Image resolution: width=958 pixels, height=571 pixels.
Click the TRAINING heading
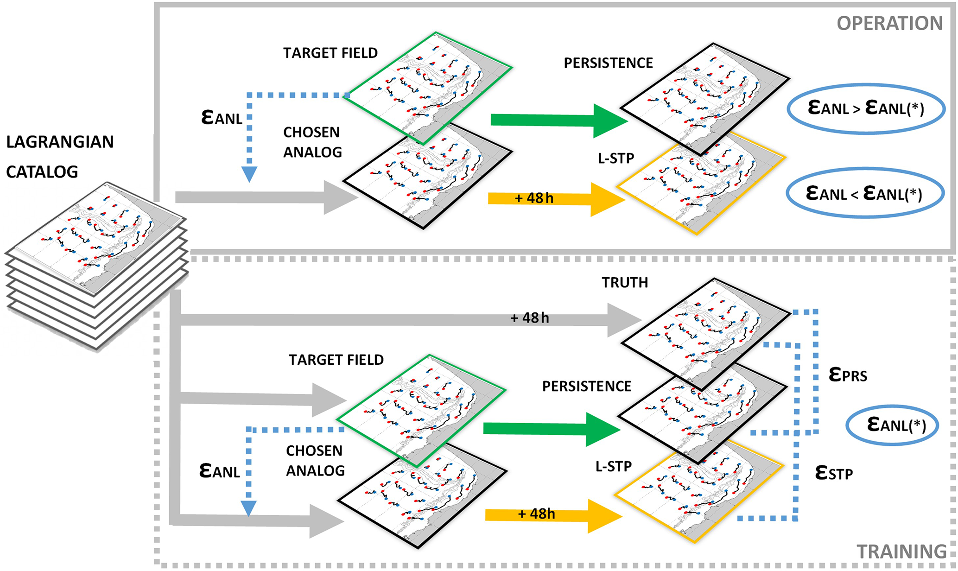(901, 552)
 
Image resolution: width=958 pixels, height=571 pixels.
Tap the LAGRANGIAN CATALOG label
(59, 157)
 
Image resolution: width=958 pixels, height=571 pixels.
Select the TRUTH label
(625, 283)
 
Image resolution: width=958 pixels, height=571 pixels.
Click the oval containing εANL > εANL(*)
(866, 108)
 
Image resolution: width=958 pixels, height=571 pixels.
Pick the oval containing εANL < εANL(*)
(865, 193)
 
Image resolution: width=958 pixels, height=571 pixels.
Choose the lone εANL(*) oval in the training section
(892, 425)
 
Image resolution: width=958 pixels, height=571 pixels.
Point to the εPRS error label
(848, 374)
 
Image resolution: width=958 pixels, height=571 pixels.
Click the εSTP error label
(834, 473)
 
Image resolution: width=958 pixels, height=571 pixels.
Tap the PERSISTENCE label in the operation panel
(608, 63)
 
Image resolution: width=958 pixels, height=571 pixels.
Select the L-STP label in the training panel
(613, 466)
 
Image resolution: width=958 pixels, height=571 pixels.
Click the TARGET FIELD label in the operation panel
(330, 53)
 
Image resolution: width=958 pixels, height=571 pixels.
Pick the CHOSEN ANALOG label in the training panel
(315, 461)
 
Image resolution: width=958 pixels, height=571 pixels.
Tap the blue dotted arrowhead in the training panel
(249, 508)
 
